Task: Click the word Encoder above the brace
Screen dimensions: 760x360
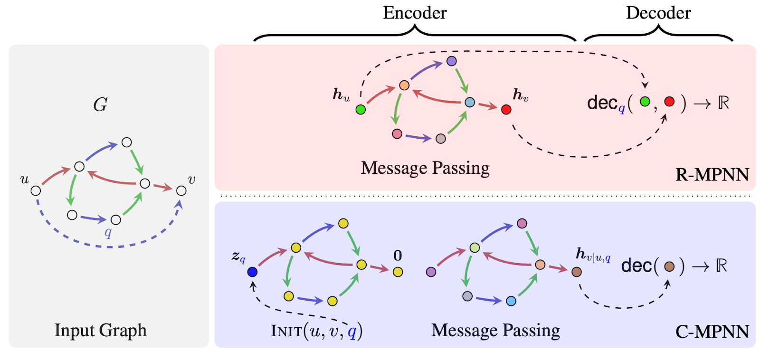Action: pos(415,13)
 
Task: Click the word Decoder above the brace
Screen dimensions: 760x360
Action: pos(658,13)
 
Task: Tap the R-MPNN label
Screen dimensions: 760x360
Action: pos(712,175)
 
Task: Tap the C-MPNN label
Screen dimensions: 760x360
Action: pos(712,332)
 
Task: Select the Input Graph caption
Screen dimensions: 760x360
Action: pos(100,330)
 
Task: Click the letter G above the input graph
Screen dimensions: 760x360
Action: pos(100,104)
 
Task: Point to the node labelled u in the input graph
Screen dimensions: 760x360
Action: pos(36,191)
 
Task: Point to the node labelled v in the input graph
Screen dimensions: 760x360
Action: pos(181,191)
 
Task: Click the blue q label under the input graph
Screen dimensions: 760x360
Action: pos(108,233)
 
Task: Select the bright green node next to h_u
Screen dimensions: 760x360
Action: pos(361,110)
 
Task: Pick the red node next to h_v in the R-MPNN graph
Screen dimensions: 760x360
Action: pos(506,110)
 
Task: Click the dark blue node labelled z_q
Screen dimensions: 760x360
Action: pos(252,272)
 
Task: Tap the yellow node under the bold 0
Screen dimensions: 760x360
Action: pos(398,272)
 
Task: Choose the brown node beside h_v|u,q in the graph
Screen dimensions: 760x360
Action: pos(577,272)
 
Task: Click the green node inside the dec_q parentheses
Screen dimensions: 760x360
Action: pos(645,102)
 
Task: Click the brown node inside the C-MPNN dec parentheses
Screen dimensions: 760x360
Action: pos(669,267)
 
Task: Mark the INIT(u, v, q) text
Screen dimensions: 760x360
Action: pos(316,331)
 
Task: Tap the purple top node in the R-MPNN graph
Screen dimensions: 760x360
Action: pos(452,61)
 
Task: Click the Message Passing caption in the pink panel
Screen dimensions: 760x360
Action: pos(425,168)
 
